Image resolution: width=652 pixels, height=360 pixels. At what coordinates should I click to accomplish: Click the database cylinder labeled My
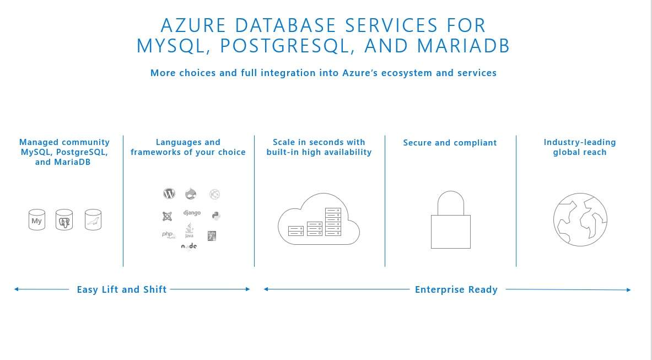37,220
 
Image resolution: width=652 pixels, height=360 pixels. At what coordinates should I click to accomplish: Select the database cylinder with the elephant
64,220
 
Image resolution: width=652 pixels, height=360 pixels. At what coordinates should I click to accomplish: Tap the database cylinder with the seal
93,220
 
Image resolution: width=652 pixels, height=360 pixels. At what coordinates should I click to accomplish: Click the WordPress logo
169,194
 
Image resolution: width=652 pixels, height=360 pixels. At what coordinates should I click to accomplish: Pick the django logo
192,213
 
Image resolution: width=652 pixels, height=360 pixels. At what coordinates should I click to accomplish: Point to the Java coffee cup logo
189,231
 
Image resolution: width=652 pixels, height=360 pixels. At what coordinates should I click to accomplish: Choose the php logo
168,235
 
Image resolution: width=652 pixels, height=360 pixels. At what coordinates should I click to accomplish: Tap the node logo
189,246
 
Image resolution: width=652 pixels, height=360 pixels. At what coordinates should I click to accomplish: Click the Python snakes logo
215,216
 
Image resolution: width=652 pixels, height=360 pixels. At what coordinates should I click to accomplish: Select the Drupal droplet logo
191,194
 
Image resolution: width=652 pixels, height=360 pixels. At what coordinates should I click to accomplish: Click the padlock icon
450,220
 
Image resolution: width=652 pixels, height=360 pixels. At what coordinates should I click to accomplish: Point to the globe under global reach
580,219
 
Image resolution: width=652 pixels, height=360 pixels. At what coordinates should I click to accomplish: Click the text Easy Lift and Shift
122,289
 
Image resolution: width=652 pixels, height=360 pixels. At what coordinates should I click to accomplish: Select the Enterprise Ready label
456,289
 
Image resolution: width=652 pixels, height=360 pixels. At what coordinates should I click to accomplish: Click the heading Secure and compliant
450,143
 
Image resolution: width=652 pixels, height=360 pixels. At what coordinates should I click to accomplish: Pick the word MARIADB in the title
464,46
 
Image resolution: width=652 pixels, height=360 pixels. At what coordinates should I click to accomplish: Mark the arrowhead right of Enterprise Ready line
628,289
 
